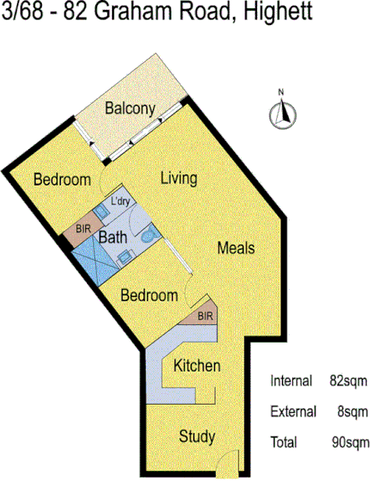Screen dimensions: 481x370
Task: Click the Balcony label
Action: (131, 108)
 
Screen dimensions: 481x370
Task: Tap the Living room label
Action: (178, 178)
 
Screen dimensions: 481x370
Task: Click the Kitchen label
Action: (197, 366)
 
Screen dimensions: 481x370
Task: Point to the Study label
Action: (198, 437)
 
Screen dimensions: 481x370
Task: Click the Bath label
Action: (113, 237)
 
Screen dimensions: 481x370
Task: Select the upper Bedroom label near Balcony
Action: (62, 180)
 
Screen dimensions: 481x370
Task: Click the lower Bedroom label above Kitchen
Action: (149, 296)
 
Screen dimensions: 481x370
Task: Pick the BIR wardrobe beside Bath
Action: (83, 229)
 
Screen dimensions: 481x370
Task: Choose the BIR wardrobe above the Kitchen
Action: (205, 316)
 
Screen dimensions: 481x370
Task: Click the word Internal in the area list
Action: (291, 381)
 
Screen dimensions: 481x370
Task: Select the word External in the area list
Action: (293, 411)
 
